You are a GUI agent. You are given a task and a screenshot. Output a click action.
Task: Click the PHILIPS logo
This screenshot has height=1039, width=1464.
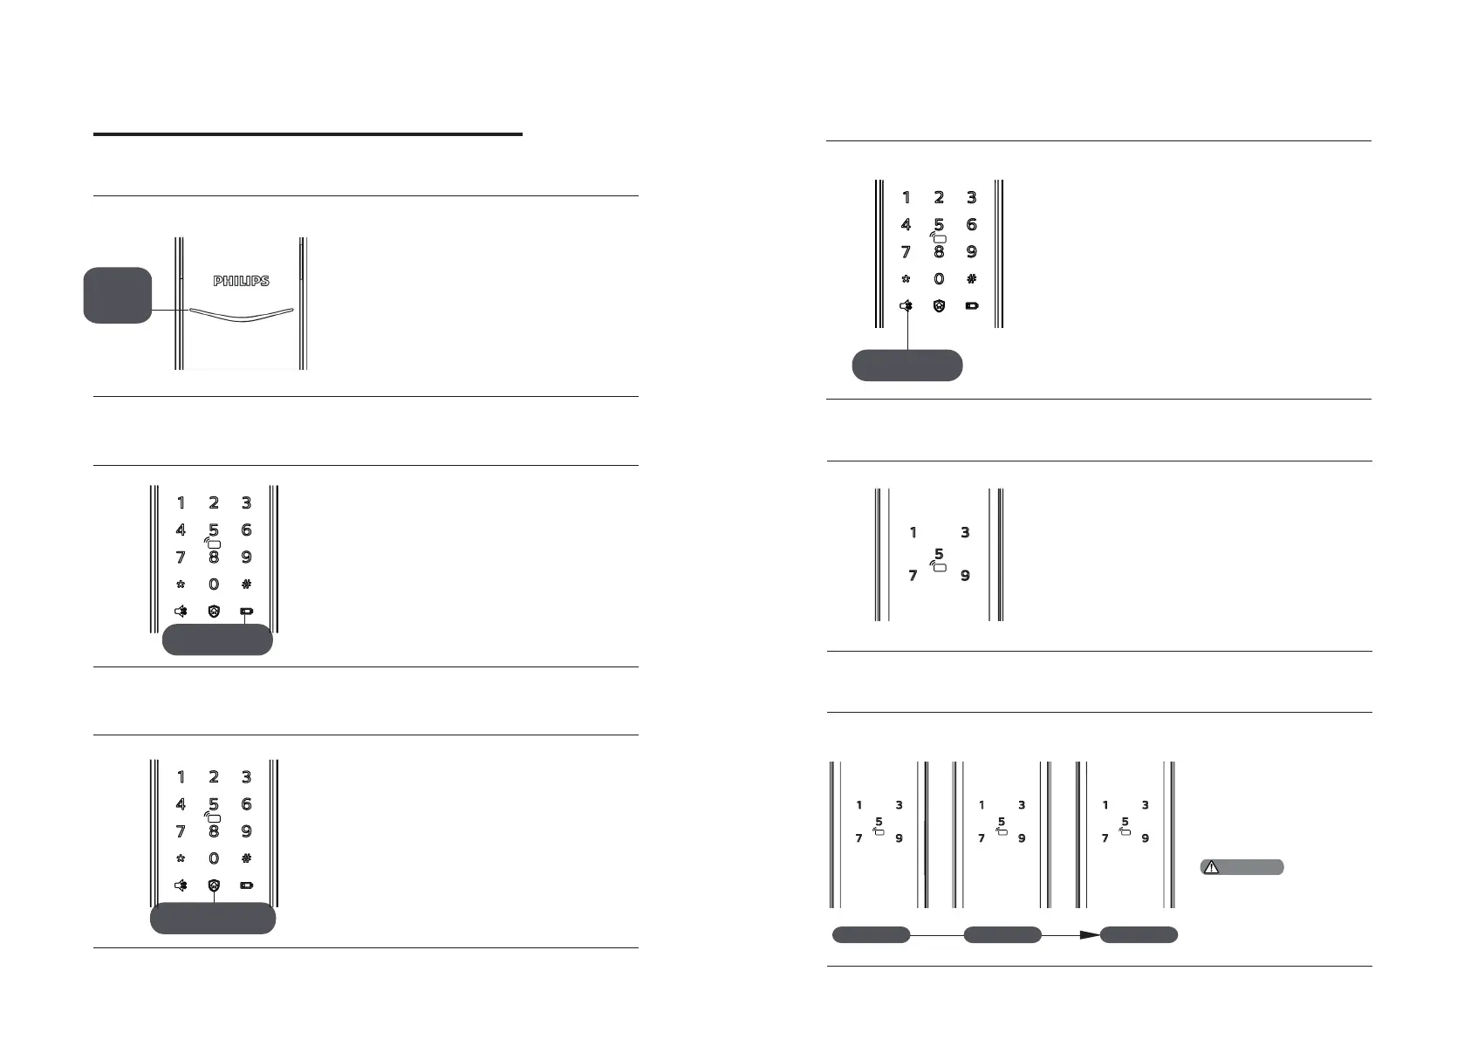[242, 281]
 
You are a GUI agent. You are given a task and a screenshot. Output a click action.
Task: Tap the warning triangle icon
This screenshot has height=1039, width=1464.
[1211, 867]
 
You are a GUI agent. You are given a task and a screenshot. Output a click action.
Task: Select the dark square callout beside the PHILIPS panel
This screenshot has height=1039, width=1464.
[118, 295]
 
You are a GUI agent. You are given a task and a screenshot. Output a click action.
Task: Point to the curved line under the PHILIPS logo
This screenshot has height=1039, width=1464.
[241, 315]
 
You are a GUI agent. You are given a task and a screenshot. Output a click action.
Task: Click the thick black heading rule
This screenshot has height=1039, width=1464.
[307, 134]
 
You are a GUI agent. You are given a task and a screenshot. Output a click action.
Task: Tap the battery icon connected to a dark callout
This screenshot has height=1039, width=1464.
[247, 612]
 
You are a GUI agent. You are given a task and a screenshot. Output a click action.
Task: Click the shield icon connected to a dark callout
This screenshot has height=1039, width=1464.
[214, 885]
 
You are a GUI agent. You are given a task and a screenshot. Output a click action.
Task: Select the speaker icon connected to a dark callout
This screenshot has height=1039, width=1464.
[907, 306]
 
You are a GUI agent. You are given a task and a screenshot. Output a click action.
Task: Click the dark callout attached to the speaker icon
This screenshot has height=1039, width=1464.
[907, 366]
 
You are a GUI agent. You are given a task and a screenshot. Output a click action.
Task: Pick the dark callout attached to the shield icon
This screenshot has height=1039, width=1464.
[213, 919]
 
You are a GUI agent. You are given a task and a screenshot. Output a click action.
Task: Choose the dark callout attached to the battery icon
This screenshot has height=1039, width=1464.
[217, 640]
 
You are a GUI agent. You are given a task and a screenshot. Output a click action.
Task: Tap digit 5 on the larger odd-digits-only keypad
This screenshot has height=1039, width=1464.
[939, 553]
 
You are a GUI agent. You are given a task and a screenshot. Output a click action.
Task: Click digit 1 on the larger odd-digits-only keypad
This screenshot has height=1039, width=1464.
[913, 532]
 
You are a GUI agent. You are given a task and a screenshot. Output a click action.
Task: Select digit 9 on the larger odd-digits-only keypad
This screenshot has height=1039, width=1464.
[965, 576]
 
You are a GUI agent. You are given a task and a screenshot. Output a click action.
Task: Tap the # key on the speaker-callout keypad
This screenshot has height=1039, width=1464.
[971, 279]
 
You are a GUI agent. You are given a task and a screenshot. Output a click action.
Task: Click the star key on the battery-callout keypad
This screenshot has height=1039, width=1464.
[181, 584]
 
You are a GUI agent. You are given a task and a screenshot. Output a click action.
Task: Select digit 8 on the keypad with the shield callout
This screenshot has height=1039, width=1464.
[214, 831]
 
